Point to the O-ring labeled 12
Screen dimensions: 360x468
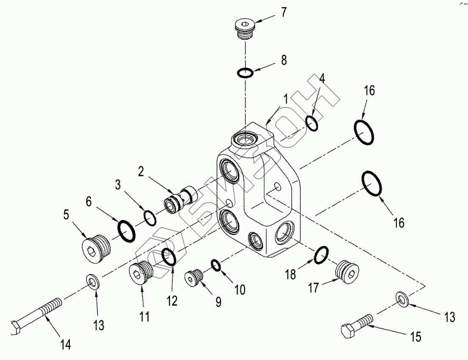(x=169, y=257)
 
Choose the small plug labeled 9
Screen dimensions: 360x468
(x=195, y=278)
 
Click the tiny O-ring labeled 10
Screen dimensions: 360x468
(x=216, y=265)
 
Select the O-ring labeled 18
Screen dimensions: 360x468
(x=321, y=255)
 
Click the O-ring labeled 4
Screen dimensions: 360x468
(x=312, y=124)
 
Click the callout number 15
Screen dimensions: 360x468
(x=416, y=337)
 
